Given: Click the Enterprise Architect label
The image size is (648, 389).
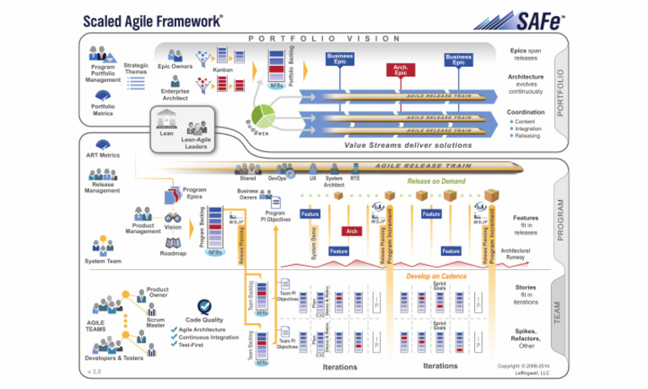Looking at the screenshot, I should pos(175,94).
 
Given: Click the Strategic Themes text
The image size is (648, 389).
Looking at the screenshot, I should pos(136,69).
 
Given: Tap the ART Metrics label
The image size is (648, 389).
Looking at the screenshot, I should pos(102,155).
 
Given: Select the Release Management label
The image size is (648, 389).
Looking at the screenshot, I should pos(102,186).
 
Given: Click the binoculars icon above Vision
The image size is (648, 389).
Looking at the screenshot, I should pos(172,216).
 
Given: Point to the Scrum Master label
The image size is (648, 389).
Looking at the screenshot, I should pos(155,321).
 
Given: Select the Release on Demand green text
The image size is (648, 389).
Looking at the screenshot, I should pos(437,181).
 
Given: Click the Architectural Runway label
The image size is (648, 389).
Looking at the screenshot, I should pos(516,254).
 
